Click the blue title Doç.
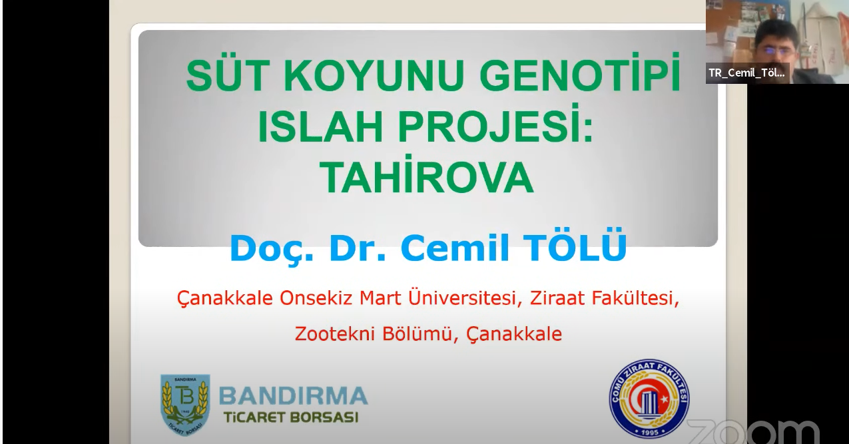coord(272,248)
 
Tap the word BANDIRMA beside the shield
coord(294,395)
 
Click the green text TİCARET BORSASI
coord(291,417)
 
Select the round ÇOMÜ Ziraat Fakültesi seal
coord(649,399)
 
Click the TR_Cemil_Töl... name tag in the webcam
coord(747,73)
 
